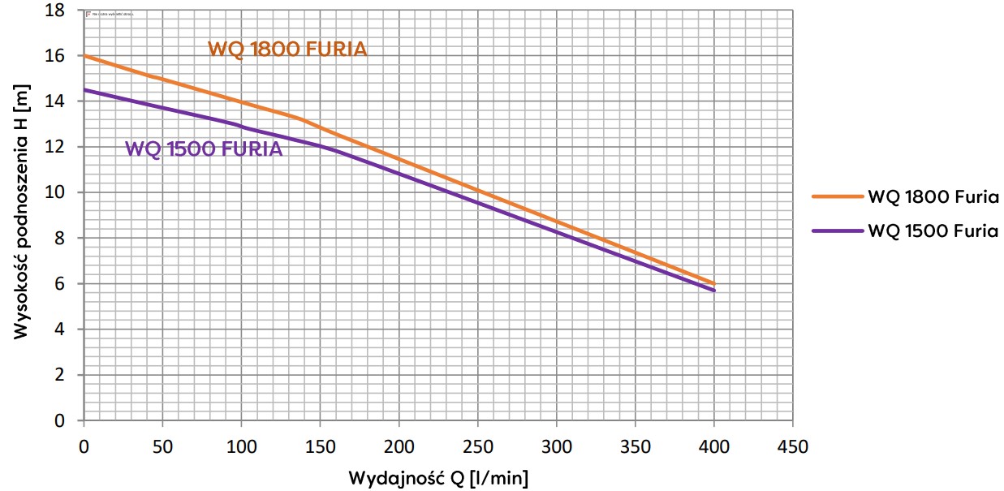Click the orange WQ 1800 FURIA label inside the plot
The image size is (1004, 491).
[x=287, y=50]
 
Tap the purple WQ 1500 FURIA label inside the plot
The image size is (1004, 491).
[x=204, y=149]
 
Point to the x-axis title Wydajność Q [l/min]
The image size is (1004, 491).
[x=438, y=477]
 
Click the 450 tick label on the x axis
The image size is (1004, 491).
[x=792, y=446]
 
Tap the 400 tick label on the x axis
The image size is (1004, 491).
[x=713, y=446]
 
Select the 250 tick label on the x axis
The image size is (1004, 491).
[x=477, y=446]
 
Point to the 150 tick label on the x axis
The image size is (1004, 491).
[x=320, y=446]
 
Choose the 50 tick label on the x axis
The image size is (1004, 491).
[x=162, y=446]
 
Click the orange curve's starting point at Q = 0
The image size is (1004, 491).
[x=84, y=56]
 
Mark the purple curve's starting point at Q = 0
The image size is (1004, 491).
[x=84, y=90]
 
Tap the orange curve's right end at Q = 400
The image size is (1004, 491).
[x=713, y=283]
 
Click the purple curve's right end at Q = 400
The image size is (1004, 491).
[x=713, y=291]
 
